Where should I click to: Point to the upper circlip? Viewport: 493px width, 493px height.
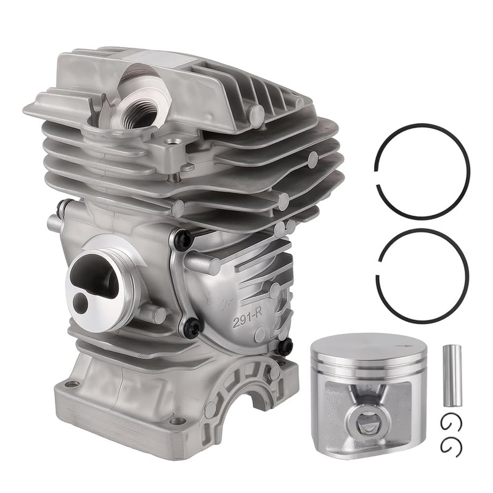point(451,422)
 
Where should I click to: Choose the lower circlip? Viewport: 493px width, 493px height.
point(452,446)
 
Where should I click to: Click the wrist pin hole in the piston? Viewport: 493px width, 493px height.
point(366,423)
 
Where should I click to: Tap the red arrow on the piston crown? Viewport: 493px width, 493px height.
point(404,346)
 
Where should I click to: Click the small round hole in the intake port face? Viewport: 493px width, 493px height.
point(81,303)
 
